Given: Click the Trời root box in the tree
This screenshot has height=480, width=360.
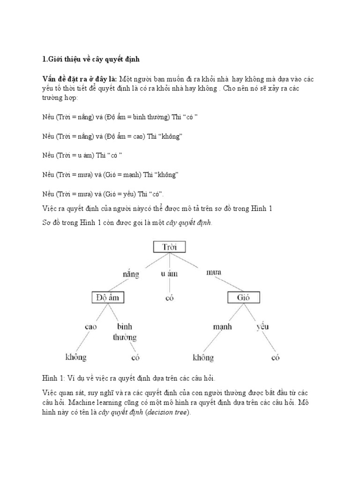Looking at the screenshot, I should [x=169, y=247].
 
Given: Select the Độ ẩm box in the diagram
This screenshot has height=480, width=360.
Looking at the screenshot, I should [x=108, y=297].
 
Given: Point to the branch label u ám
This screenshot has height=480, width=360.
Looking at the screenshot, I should [x=169, y=273].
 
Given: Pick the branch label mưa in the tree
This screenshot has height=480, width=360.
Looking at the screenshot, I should [x=214, y=272].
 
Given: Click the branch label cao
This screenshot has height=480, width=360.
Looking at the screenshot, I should [x=90, y=327].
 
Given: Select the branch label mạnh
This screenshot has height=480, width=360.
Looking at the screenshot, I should [x=222, y=327].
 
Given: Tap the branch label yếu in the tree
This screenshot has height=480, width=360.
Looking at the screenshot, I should [x=262, y=327].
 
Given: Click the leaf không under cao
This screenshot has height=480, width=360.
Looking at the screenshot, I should [x=75, y=358].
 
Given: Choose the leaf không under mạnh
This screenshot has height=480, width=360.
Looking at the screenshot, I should [x=203, y=358].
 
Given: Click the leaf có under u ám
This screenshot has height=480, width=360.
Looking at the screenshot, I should [x=169, y=298].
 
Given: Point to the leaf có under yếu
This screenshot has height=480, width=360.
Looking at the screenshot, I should [x=276, y=358].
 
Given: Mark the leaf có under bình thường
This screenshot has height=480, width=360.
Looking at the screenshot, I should [x=136, y=358].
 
